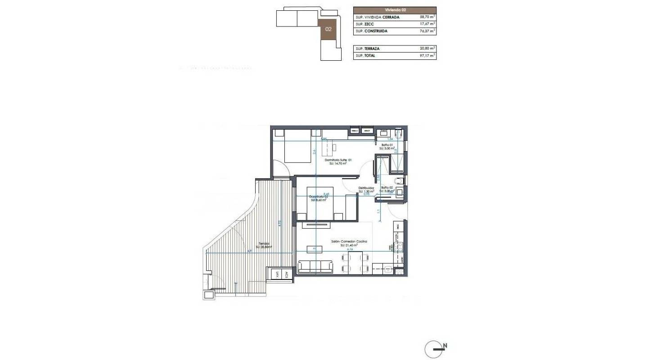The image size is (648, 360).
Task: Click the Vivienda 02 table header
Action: pyautogui.click(x=395, y=9)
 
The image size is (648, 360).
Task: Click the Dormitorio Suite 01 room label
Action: pyautogui.click(x=338, y=160)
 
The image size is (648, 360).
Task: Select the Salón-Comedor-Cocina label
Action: pyautogui.click(x=349, y=242)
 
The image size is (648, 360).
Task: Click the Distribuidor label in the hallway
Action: pyautogui.click(x=366, y=188)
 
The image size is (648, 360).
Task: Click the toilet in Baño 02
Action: pyautogui.click(x=401, y=181)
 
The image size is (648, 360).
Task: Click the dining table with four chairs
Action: pyautogui.click(x=356, y=263)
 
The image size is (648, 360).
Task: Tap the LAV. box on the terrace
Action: pyautogui.click(x=276, y=274)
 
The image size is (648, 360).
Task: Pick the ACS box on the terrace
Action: pyautogui.click(x=286, y=274)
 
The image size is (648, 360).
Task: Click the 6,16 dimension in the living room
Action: pyautogui.click(x=349, y=248)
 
